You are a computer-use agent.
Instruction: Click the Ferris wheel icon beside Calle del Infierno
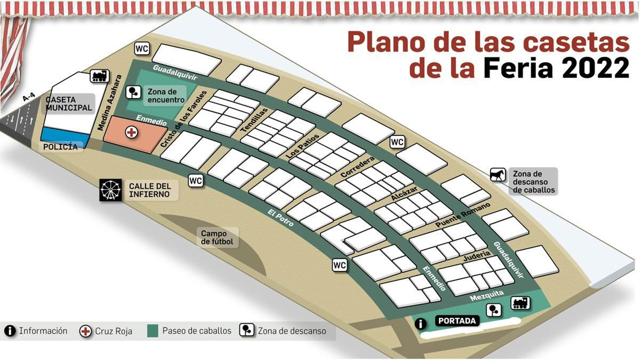pyautogui.click(x=110, y=190)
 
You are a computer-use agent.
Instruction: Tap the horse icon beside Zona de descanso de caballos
pyautogui.click(x=498, y=175)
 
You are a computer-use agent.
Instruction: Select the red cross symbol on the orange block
pyautogui.click(x=131, y=132)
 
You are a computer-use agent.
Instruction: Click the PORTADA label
pyautogui.click(x=457, y=321)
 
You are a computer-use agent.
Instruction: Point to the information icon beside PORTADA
pyautogui.click(x=420, y=323)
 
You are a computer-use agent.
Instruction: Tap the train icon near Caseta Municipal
pyautogui.click(x=99, y=76)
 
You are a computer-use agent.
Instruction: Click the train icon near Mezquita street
pyautogui.click(x=520, y=303)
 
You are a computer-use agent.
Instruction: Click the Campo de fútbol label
pyautogui.click(x=217, y=238)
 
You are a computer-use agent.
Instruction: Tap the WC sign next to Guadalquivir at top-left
pyautogui.click(x=142, y=49)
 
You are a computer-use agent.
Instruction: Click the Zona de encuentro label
pyautogui.click(x=166, y=96)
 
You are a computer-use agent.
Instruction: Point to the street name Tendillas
pyautogui.click(x=254, y=120)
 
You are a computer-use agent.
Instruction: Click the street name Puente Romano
pyautogui.click(x=462, y=215)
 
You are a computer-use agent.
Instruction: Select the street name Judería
pyautogui.click(x=476, y=256)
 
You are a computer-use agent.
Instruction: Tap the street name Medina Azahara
pyautogui.click(x=109, y=102)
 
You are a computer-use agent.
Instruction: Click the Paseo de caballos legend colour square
pyautogui.click(x=152, y=331)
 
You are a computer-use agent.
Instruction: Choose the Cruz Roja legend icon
pyautogui.click(x=85, y=331)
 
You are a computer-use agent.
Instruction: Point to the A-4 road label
pyautogui.click(x=29, y=97)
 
